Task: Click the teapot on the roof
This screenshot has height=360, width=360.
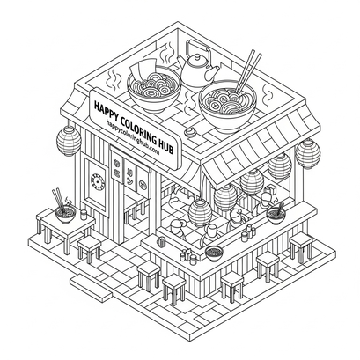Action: (x=198, y=68)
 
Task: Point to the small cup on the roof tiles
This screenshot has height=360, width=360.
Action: (x=191, y=132)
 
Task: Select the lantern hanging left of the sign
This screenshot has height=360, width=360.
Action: (x=69, y=142)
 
